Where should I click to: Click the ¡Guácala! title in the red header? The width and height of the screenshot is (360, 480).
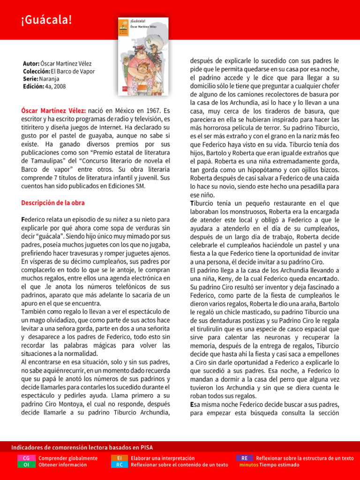pyautogui.click(x=46, y=20)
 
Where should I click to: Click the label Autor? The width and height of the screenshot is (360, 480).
pyautogui.click(x=31, y=63)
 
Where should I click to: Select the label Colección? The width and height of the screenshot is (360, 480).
pyautogui.click(x=37, y=71)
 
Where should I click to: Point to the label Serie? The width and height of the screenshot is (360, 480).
pyautogui.click(x=31, y=79)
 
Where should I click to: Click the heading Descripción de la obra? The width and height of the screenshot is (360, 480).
pyautogui.click(x=53, y=203)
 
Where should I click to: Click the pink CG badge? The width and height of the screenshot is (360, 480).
pyautogui.click(x=26, y=458)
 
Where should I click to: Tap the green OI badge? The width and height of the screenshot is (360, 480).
pyautogui.click(x=26, y=465)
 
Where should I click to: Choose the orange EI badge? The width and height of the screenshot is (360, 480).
pyautogui.click(x=120, y=458)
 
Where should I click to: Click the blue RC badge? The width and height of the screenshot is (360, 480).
pyautogui.click(x=120, y=465)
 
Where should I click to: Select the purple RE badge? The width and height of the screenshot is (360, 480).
pyautogui.click(x=245, y=458)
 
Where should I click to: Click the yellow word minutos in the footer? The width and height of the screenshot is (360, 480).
pyautogui.click(x=248, y=465)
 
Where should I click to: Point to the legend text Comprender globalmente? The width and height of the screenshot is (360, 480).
pyautogui.click(x=68, y=458)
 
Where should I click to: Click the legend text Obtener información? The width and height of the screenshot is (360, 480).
pyautogui.click(x=62, y=465)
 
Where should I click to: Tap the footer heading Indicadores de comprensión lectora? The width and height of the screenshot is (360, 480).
pyautogui.click(x=82, y=448)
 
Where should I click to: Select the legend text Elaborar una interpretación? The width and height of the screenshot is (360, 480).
pyautogui.click(x=163, y=458)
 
